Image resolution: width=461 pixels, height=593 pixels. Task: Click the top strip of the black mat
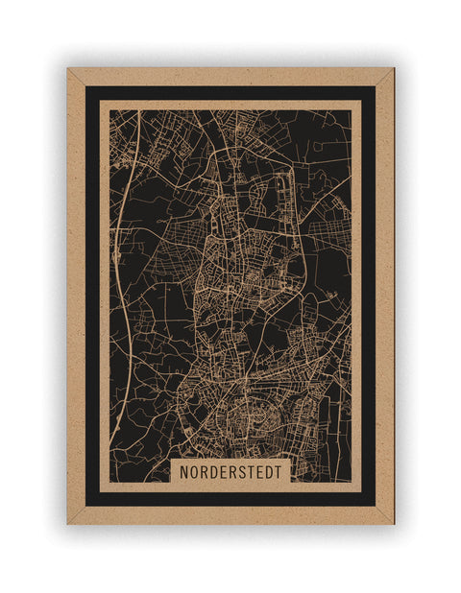(x=230, y=93)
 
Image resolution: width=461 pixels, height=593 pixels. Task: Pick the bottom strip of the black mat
(x=230, y=499)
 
